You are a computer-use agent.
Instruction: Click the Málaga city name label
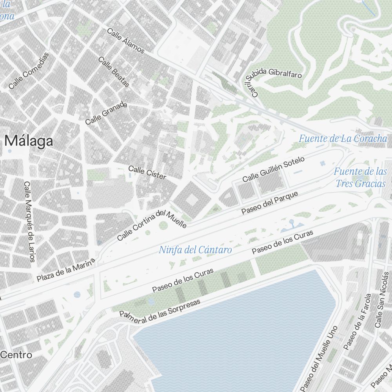[29, 141]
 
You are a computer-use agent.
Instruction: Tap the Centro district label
[16, 355]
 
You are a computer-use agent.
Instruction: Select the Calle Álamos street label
[125, 41]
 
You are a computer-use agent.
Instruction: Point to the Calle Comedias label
[29, 71]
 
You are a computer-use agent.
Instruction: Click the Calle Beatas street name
[114, 72]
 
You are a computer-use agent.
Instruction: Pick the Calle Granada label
[106, 114]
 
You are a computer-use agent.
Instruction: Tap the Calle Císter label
[147, 173]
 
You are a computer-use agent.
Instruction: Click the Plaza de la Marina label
[66, 270]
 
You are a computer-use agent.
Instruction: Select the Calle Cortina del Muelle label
[151, 224]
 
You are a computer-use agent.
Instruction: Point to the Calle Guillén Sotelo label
[273, 169]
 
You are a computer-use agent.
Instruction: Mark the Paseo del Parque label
[270, 203]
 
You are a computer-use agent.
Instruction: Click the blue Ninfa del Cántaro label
[195, 250]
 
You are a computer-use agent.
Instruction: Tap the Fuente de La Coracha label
[343, 138]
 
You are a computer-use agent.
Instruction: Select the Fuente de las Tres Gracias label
[360, 177]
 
